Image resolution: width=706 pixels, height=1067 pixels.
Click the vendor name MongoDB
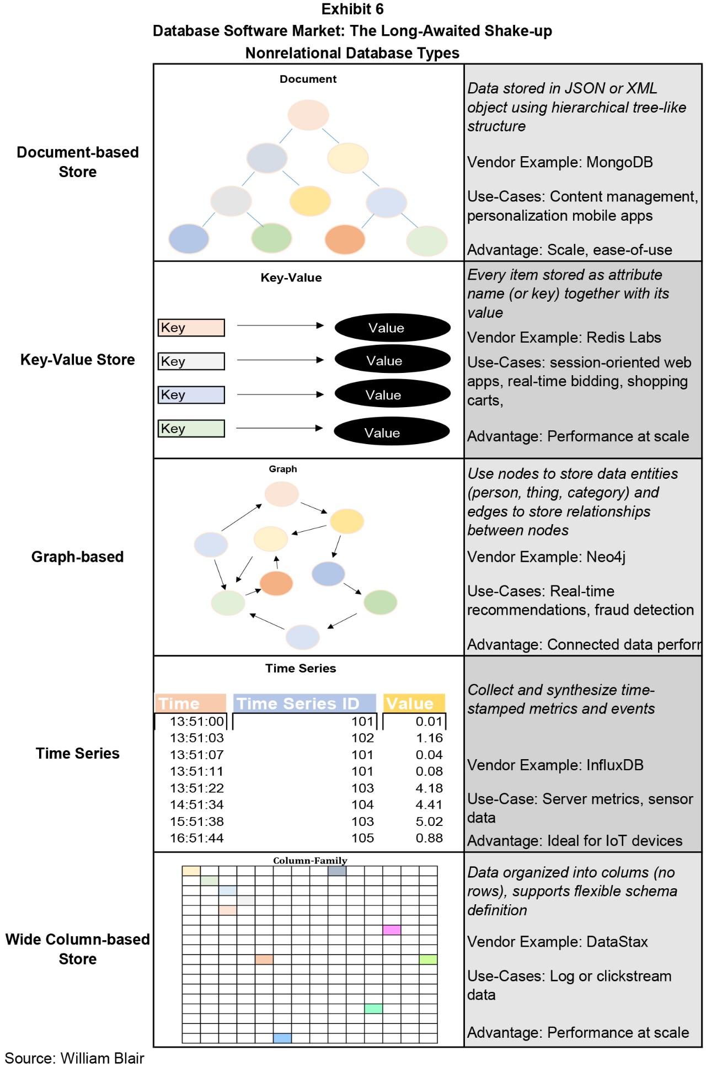[619, 162]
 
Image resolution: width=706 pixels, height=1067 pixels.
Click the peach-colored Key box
[191, 328]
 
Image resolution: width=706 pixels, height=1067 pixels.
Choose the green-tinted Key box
[191, 429]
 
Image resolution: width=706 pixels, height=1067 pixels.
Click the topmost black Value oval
[392, 328]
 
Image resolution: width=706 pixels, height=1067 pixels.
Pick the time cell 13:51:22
[197, 788]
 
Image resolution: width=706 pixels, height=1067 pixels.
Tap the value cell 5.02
[429, 821]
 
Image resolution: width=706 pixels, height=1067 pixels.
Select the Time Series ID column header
[304, 703]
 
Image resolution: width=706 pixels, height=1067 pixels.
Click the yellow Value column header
[414, 703]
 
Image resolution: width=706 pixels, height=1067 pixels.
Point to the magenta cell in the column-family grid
[392, 930]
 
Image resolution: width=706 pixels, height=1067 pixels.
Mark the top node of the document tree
[308, 115]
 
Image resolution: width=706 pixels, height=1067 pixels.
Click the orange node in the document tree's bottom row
[345, 239]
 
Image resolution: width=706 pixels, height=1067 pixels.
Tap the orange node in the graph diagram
[276, 583]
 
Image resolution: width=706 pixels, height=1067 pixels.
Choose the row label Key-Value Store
[77, 360]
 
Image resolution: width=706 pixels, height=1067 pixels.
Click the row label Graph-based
[77, 557]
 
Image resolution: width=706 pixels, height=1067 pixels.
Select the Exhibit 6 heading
[352, 9]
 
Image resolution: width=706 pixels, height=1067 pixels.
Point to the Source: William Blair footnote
[74, 1058]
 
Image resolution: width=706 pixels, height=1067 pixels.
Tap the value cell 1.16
[429, 738]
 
